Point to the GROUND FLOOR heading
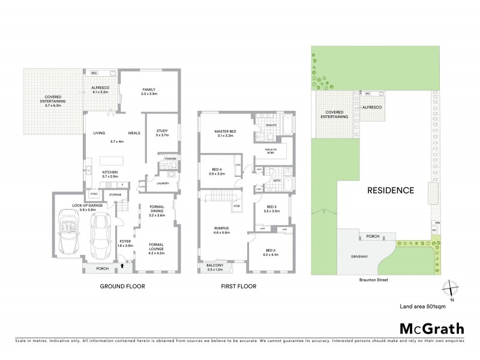pos(122,287)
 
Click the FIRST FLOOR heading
pos(237,287)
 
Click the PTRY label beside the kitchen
pos(94,194)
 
